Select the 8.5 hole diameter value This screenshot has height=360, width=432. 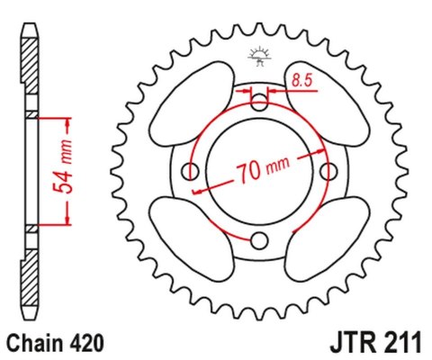pyautogui.click(x=301, y=82)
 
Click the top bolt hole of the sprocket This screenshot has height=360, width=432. pyautogui.click(x=259, y=102)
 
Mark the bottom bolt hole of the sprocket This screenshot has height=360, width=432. pyautogui.click(x=259, y=238)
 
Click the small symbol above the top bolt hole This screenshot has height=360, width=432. pyautogui.click(x=259, y=56)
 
